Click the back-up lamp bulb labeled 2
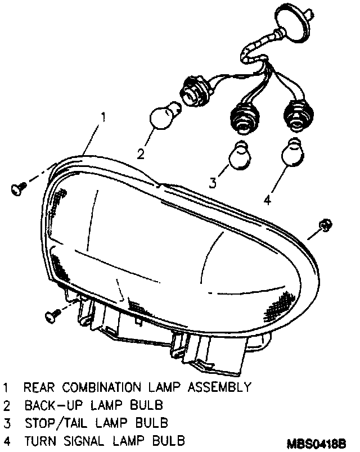click(x=163, y=116)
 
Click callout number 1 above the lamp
click(x=103, y=117)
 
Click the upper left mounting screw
click(x=18, y=189)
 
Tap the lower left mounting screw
click(x=52, y=316)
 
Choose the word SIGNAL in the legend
click(x=88, y=439)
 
